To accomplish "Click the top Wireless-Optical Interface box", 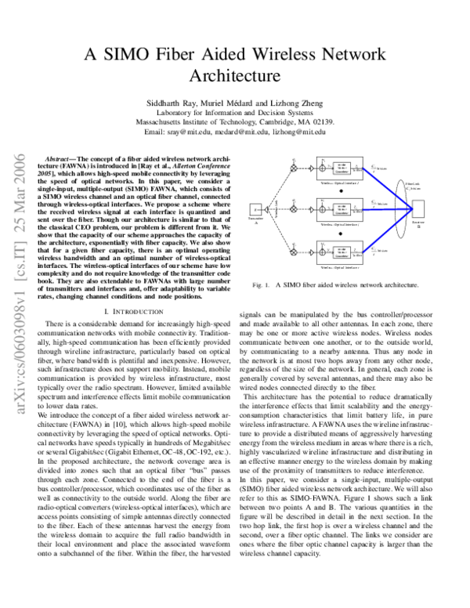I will (x=343, y=167).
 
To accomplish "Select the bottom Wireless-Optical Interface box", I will (x=343, y=252).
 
